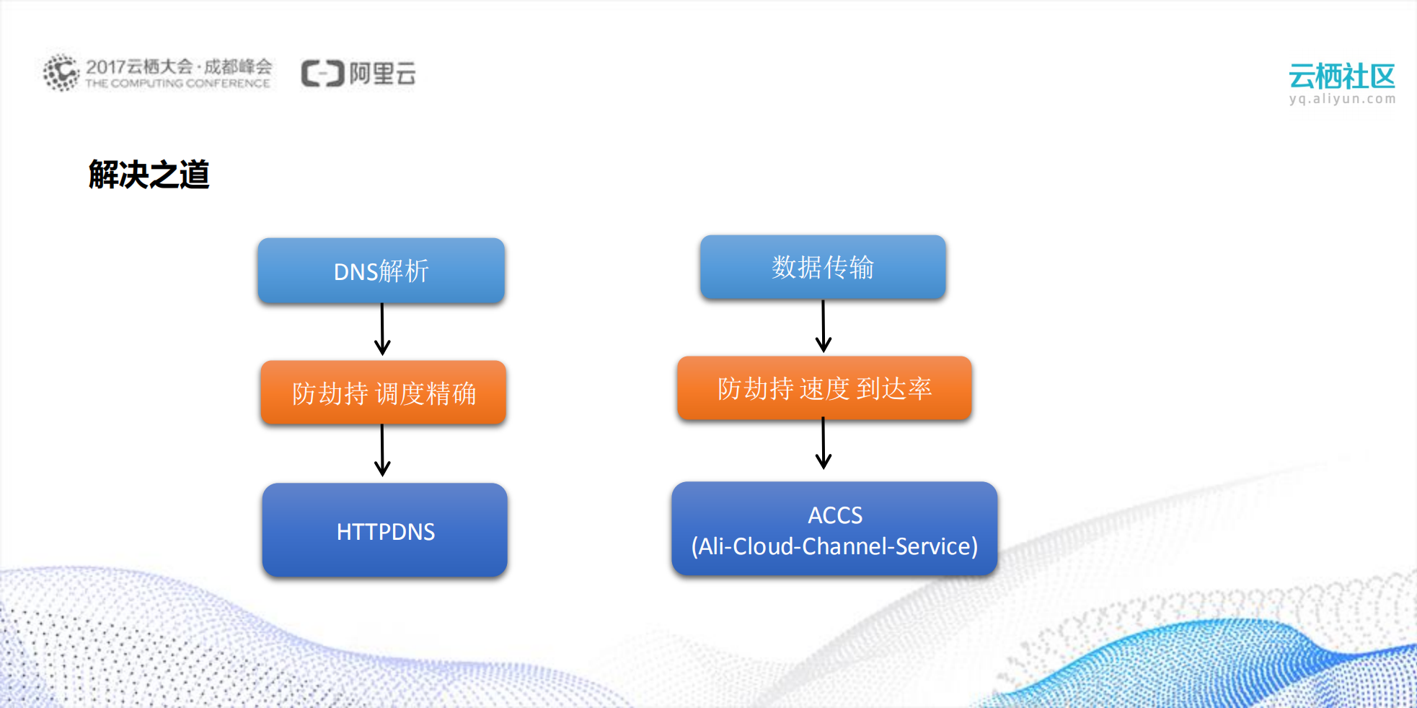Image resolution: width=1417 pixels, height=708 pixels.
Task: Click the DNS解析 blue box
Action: click(x=381, y=271)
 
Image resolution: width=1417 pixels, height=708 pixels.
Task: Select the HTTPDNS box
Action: click(x=385, y=530)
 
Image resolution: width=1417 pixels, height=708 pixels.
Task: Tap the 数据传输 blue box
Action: click(x=823, y=267)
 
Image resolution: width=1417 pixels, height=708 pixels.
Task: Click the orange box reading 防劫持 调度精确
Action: click(x=384, y=393)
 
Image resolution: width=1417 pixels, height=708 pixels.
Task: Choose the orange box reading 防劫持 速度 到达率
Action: click(x=824, y=388)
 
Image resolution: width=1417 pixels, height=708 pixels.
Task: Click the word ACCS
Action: click(x=835, y=515)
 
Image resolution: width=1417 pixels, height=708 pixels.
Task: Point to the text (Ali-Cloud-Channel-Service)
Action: click(x=834, y=546)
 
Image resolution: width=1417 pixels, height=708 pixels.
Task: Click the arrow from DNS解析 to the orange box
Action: click(x=382, y=330)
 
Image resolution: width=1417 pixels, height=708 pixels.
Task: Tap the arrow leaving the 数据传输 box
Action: click(x=824, y=326)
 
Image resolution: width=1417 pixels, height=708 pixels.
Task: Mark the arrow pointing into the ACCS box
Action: click(x=824, y=444)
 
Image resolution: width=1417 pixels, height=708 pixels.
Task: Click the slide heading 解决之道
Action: click(x=149, y=175)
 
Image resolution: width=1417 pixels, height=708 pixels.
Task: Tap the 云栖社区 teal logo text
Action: click(x=1341, y=76)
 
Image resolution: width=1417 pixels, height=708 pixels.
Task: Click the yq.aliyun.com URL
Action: click(x=1342, y=99)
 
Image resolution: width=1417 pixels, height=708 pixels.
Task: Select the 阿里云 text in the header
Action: click(x=383, y=74)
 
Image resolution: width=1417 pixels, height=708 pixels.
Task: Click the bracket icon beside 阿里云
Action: click(x=322, y=74)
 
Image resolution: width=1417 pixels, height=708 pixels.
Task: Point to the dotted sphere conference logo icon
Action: click(x=61, y=72)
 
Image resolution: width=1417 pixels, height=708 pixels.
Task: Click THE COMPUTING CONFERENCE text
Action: click(x=177, y=84)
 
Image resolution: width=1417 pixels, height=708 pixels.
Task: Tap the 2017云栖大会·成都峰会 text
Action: click(x=179, y=66)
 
